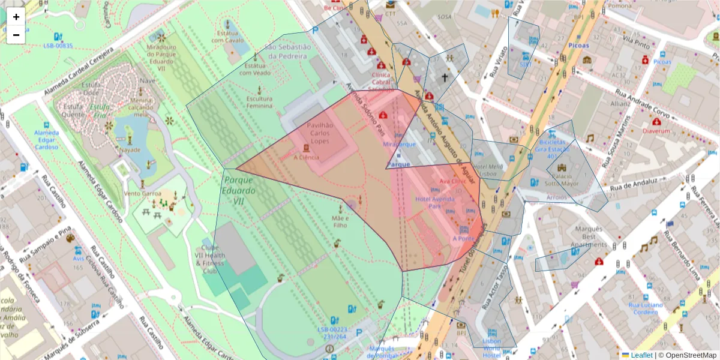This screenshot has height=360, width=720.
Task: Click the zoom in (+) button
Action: [x=16, y=17]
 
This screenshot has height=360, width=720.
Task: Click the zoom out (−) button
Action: [x=16, y=35]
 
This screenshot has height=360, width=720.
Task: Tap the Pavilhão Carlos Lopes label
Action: [x=320, y=133]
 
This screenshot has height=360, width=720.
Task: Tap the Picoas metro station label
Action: [x=579, y=45]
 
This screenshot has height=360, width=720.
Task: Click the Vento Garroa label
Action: [x=143, y=193]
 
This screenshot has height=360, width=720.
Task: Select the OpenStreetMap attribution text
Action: [x=687, y=355]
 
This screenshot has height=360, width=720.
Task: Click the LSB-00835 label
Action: [x=58, y=46]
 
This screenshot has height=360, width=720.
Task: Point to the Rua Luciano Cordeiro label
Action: [x=646, y=308]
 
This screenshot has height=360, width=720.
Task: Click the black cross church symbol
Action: [x=445, y=77]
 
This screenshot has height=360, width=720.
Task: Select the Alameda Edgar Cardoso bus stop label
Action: [x=46, y=139]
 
